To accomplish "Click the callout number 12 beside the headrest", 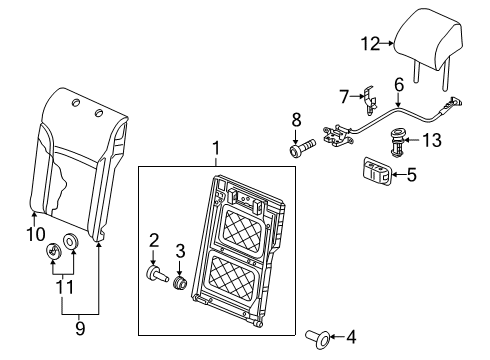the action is coord(371,44).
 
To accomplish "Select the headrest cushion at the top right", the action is coord(429,37).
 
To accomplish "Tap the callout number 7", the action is coord(344,96).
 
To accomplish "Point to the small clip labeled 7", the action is coord(370,99).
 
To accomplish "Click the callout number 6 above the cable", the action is coord(399,85).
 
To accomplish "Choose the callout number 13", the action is coord(432,140).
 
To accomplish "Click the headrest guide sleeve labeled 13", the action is coord(397,143).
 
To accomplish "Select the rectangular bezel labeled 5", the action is coord(377,171).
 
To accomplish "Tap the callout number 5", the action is coord(412,175).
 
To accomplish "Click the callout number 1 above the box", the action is coord(216,148).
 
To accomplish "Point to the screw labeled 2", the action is coord(157,274).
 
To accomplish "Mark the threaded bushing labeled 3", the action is coord(180,284).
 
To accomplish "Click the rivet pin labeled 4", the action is coord(318,338).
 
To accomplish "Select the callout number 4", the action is coord(351,337).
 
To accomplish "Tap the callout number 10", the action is coord(36,234).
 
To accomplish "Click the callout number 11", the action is coord(64,287).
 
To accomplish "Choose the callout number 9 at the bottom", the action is coord(80,329).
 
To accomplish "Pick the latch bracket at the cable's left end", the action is coord(337,135).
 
